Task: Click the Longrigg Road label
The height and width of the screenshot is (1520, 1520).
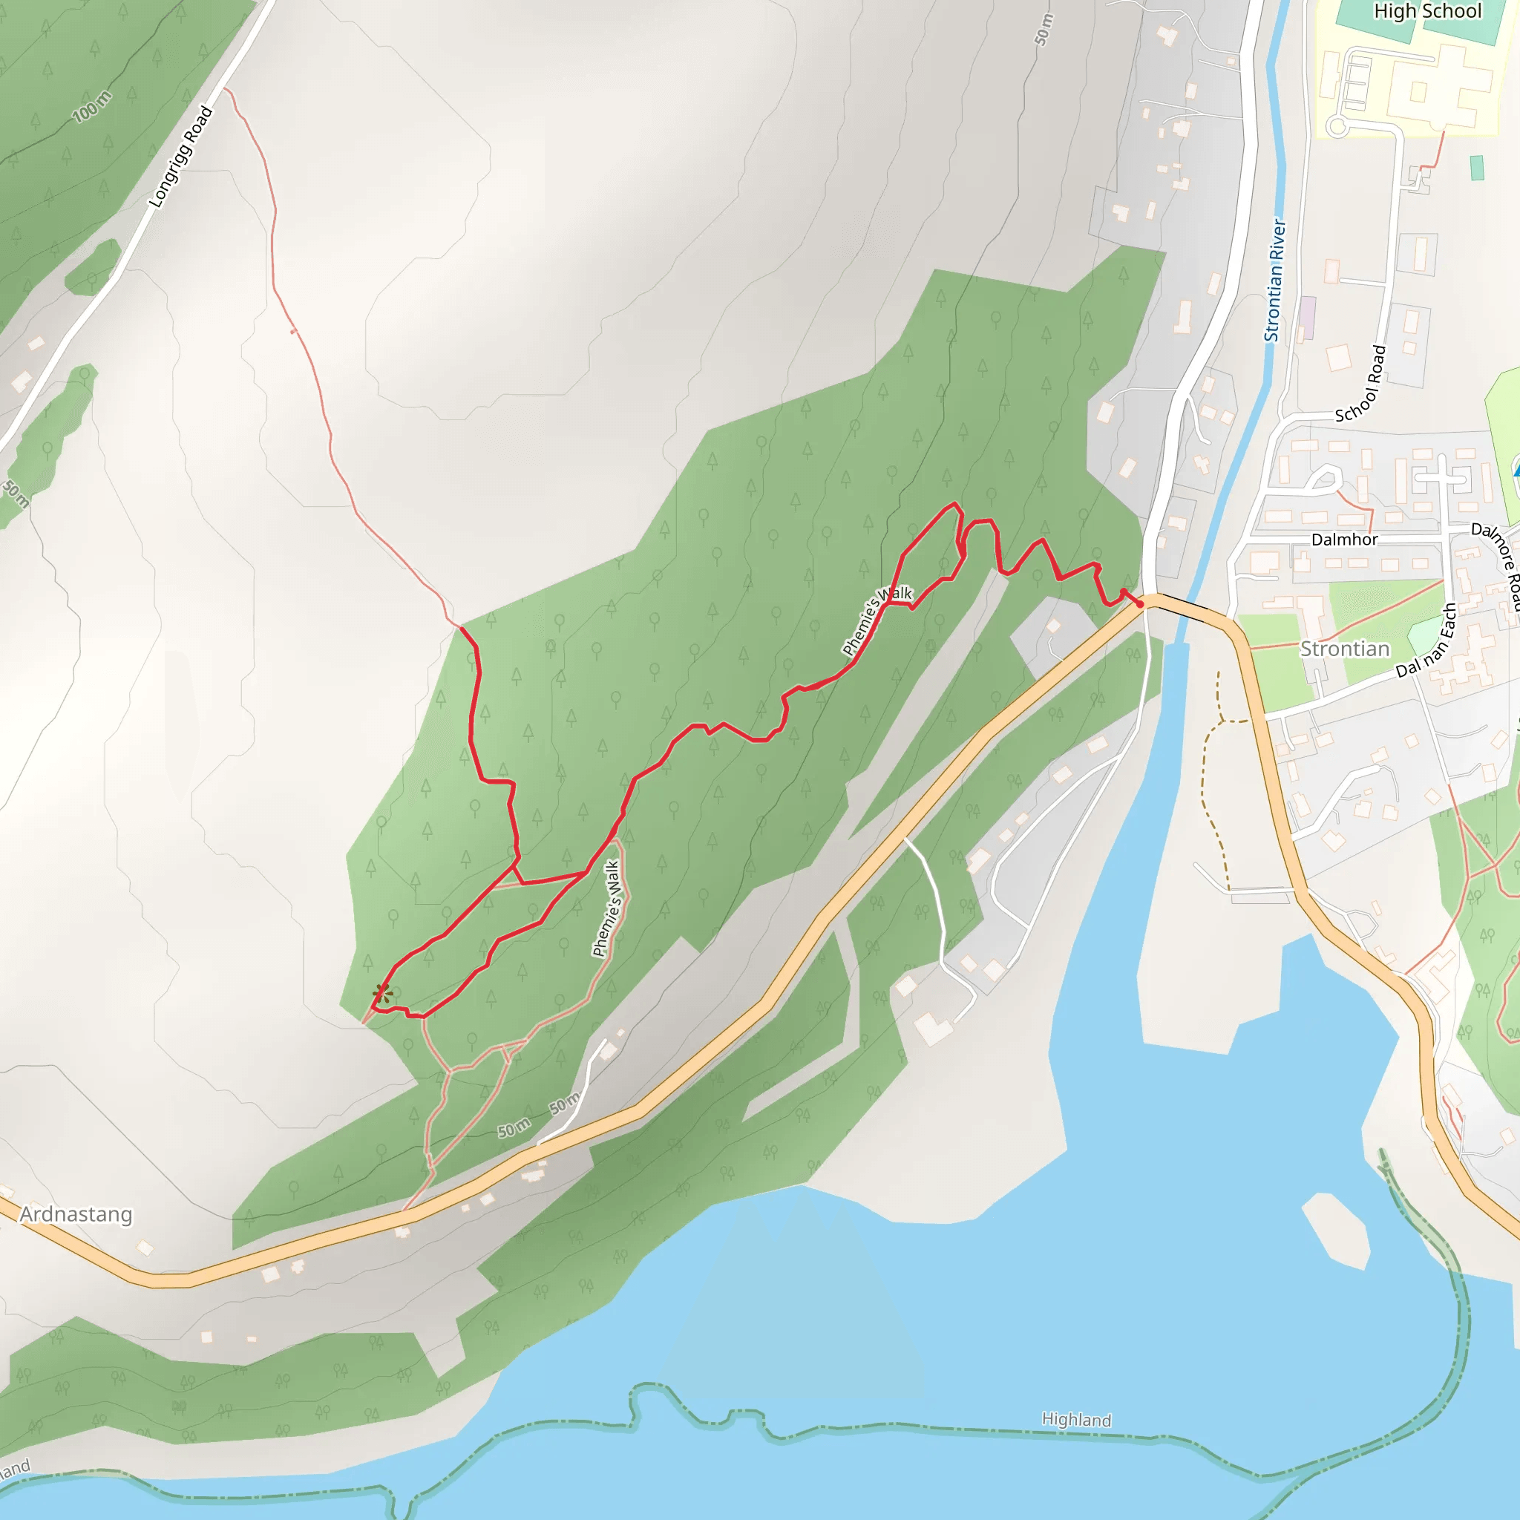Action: [x=181, y=157]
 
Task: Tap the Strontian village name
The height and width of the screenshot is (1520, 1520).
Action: [x=1345, y=649]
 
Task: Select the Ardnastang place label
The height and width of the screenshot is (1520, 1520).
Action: [x=76, y=1214]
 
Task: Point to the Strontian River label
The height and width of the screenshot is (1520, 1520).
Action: [x=1274, y=280]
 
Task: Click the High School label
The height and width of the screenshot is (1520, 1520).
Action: [x=1427, y=11]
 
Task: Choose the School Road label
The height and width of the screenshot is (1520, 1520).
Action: [x=1361, y=384]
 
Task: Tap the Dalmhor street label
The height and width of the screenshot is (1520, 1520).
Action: [x=1344, y=540]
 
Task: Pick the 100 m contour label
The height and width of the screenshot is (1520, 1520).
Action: [x=92, y=107]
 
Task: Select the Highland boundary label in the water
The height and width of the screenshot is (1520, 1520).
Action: [x=1076, y=1419]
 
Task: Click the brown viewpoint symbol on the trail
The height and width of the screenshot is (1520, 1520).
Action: [x=382, y=994]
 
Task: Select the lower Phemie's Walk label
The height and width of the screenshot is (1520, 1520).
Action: [x=606, y=908]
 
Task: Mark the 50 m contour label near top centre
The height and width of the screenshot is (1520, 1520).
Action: [x=1044, y=30]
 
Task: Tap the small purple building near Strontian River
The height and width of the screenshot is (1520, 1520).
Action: [x=1308, y=317]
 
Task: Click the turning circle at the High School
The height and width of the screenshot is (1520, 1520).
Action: [x=1336, y=126]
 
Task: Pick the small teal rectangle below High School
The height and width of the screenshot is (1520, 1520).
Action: [x=1477, y=168]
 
